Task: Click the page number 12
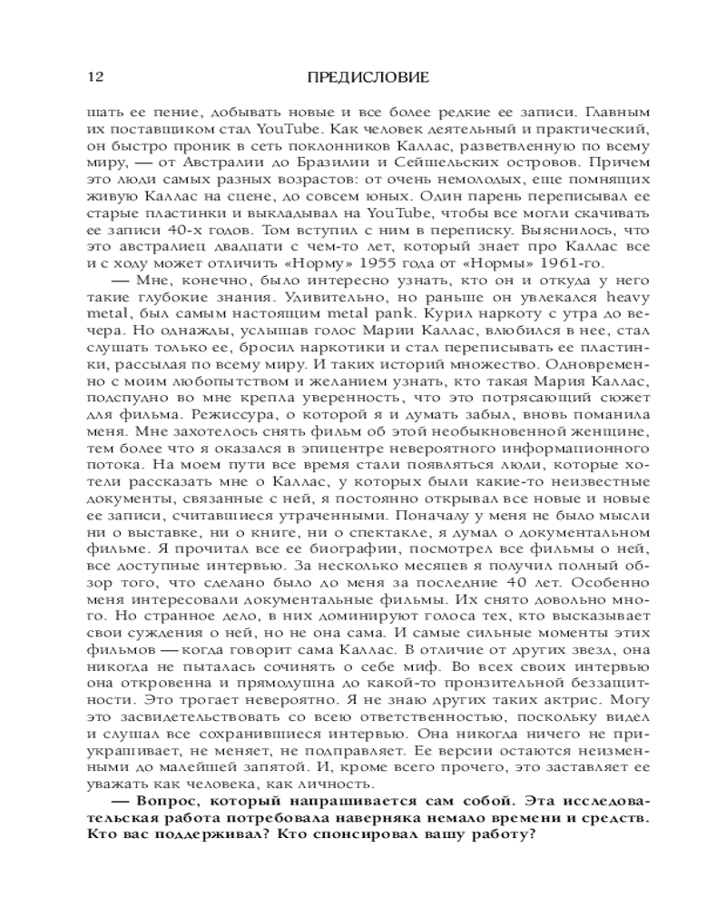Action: [x=93, y=77]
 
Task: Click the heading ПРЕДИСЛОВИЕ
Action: [x=362, y=77]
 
